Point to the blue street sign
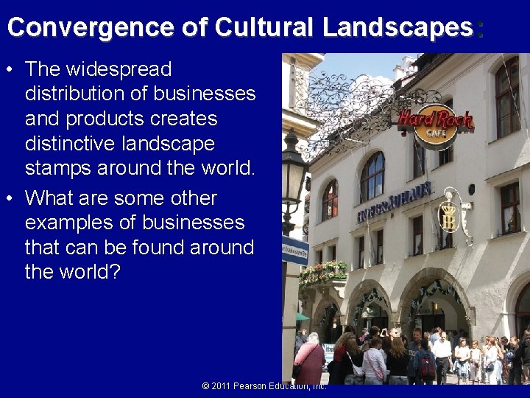click(x=295, y=250)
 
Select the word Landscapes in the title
click(x=398, y=27)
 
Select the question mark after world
click(x=113, y=272)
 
